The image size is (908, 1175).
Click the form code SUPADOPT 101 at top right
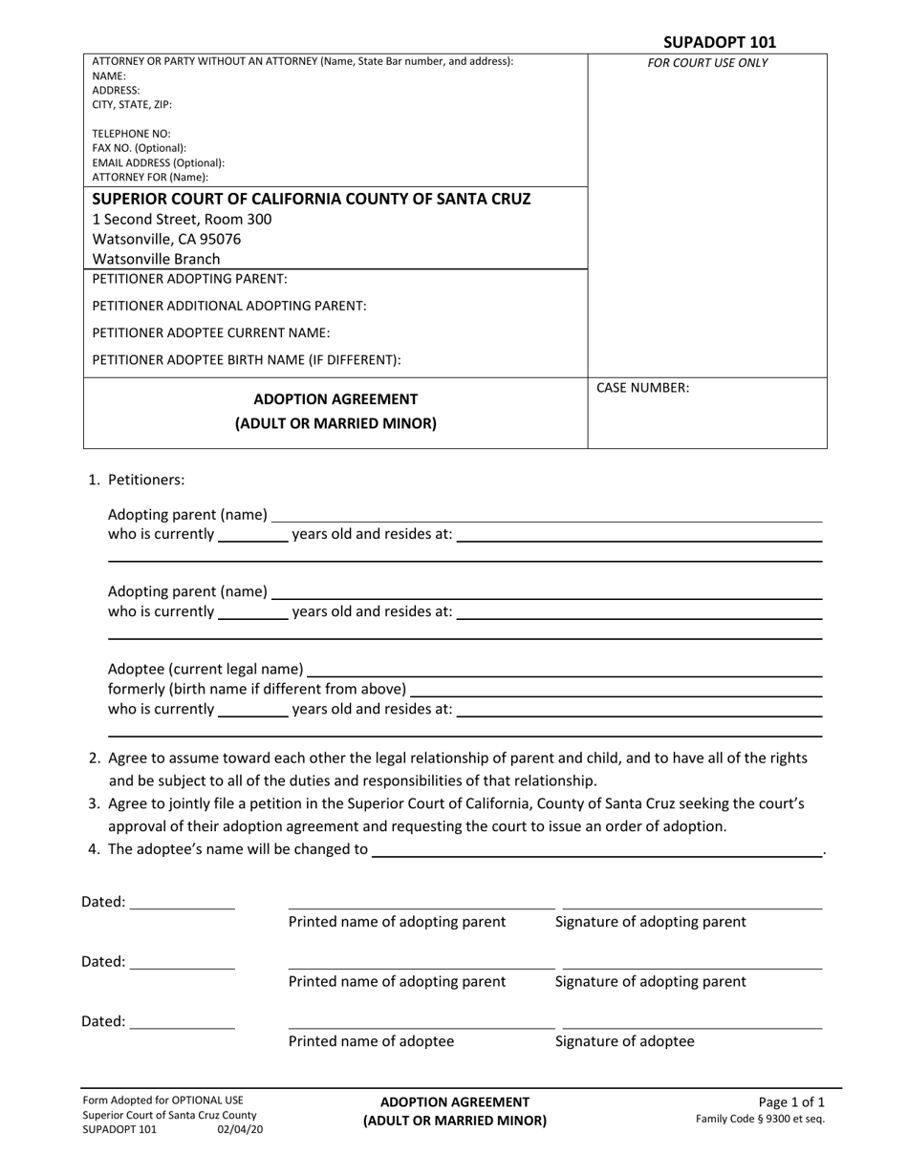[x=720, y=42]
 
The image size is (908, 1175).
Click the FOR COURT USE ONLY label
[x=707, y=64]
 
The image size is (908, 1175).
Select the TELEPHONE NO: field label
[x=131, y=134]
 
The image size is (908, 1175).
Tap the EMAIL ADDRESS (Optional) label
[x=158, y=162]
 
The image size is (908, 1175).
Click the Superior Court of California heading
[x=311, y=199]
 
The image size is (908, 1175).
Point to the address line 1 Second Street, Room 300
[x=182, y=219]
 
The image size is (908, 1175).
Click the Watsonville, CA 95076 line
[x=166, y=239]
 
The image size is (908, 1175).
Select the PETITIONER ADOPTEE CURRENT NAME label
[x=211, y=332]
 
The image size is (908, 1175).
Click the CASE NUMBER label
[x=642, y=388]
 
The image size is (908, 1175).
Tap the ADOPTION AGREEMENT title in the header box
[x=335, y=399]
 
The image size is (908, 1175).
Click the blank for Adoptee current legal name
[x=564, y=671]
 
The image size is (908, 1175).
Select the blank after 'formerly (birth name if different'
[x=616, y=690]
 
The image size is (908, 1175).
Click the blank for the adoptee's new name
[x=596, y=850]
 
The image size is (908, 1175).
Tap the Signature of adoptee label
[x=625, y=1041]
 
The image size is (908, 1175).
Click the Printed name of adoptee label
[x=371, y=1041]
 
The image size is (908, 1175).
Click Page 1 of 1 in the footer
[x=790, y=1101]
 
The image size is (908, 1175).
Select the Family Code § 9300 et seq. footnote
[x=760, y=1119]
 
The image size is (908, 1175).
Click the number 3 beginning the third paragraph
[x=94, y=803]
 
